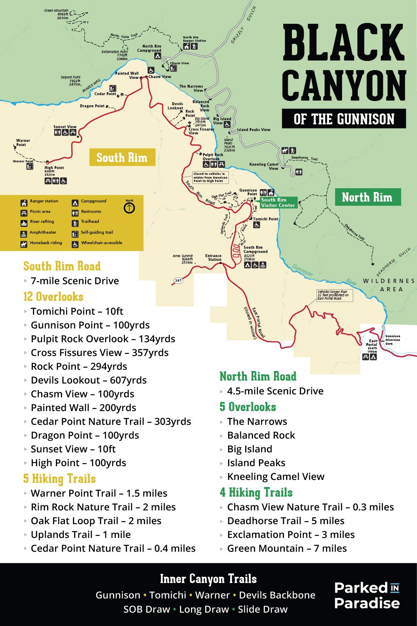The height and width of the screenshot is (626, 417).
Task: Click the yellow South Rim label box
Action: tap(122, 157)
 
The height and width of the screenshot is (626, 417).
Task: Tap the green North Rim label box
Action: tap(367, 197)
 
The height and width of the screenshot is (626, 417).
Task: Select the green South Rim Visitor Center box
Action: tap(278, 202)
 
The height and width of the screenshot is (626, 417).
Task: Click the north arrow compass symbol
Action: tap(129, 207)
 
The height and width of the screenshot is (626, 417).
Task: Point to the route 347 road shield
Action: tap(178, 280)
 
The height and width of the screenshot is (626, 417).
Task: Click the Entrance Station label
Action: tap(214, 257)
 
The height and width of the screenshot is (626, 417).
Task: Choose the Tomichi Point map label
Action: tap(266, 219)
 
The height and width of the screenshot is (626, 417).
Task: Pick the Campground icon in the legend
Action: tap(75, 203)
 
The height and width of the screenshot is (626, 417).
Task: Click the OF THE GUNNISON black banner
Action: tap(344, 119)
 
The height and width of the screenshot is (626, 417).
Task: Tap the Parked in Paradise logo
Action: tap(367, 596)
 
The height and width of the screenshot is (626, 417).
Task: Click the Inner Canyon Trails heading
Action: tap(208, 579)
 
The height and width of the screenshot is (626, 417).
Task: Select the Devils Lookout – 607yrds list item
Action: tap(88, 380)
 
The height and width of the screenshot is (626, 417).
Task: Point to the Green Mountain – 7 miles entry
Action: tap(286, 548)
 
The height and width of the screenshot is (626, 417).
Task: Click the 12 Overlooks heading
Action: tap(53, 297)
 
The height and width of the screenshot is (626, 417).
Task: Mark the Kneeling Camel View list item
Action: tap(275, 477)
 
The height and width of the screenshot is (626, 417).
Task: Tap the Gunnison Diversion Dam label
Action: tap(392, 340)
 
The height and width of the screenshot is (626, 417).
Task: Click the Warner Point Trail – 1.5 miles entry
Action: tap(99, 493)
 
